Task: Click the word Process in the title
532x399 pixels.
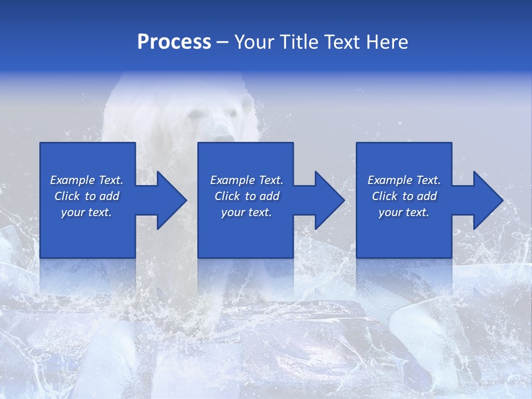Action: [174, 42]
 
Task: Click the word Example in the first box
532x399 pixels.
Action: [73, 180]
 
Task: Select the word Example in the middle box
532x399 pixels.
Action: [233, 180]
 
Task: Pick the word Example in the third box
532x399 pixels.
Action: [390, 180]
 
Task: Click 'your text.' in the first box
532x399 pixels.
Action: [86, 212]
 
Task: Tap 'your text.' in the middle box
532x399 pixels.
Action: [247, 212]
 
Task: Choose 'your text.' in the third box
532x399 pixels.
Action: [404, 212]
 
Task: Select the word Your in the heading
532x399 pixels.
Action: [253, 42]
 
